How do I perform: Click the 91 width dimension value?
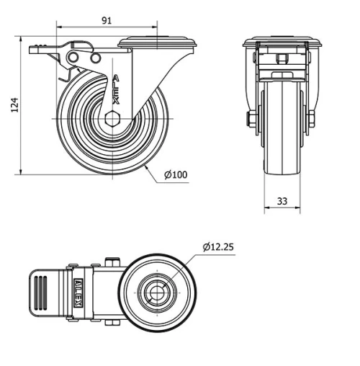pos(106,21)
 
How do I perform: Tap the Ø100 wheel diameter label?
pos(176,174)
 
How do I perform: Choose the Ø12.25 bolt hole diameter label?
pos(217,246)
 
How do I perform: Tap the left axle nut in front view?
pos(251,119)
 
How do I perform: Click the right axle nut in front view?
pos(312,119)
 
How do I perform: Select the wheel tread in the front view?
pos(282,130)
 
